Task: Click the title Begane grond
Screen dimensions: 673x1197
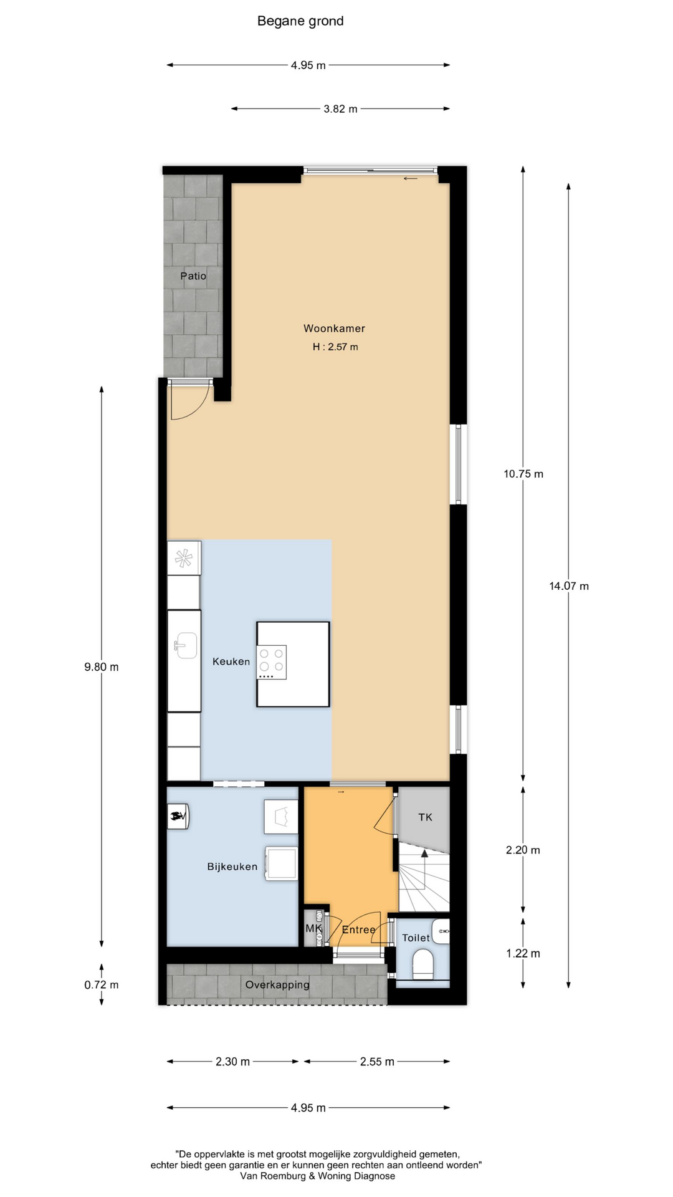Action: click(300, 22)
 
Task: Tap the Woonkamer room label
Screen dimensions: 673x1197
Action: click(334, 329)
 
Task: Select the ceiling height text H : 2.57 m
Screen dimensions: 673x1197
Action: click(335, 347)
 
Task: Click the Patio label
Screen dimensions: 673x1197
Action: click(193, 276)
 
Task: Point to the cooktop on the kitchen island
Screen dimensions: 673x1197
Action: click(272, 662)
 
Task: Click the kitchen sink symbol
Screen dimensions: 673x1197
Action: click(186, 646)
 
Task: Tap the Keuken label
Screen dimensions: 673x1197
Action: click(231, 661)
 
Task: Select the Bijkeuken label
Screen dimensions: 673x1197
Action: click(232, 867)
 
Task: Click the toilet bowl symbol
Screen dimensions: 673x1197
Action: click(423, 963)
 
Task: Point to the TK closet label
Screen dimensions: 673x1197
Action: click(426, 817)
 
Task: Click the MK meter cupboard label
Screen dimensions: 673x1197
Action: click(313, 928)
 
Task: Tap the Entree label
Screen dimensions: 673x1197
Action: click(359, 930)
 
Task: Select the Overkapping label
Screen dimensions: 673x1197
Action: click(277, 985)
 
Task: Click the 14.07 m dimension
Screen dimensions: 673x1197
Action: click(569, 586)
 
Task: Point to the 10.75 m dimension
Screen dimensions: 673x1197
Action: click(523, 474)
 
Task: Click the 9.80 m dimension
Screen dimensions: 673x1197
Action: click(102, 667)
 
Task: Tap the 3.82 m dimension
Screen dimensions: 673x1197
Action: click(340, 109)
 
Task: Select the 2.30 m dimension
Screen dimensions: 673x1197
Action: click(232, 1062)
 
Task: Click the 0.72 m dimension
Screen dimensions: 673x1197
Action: click(102, 985)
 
